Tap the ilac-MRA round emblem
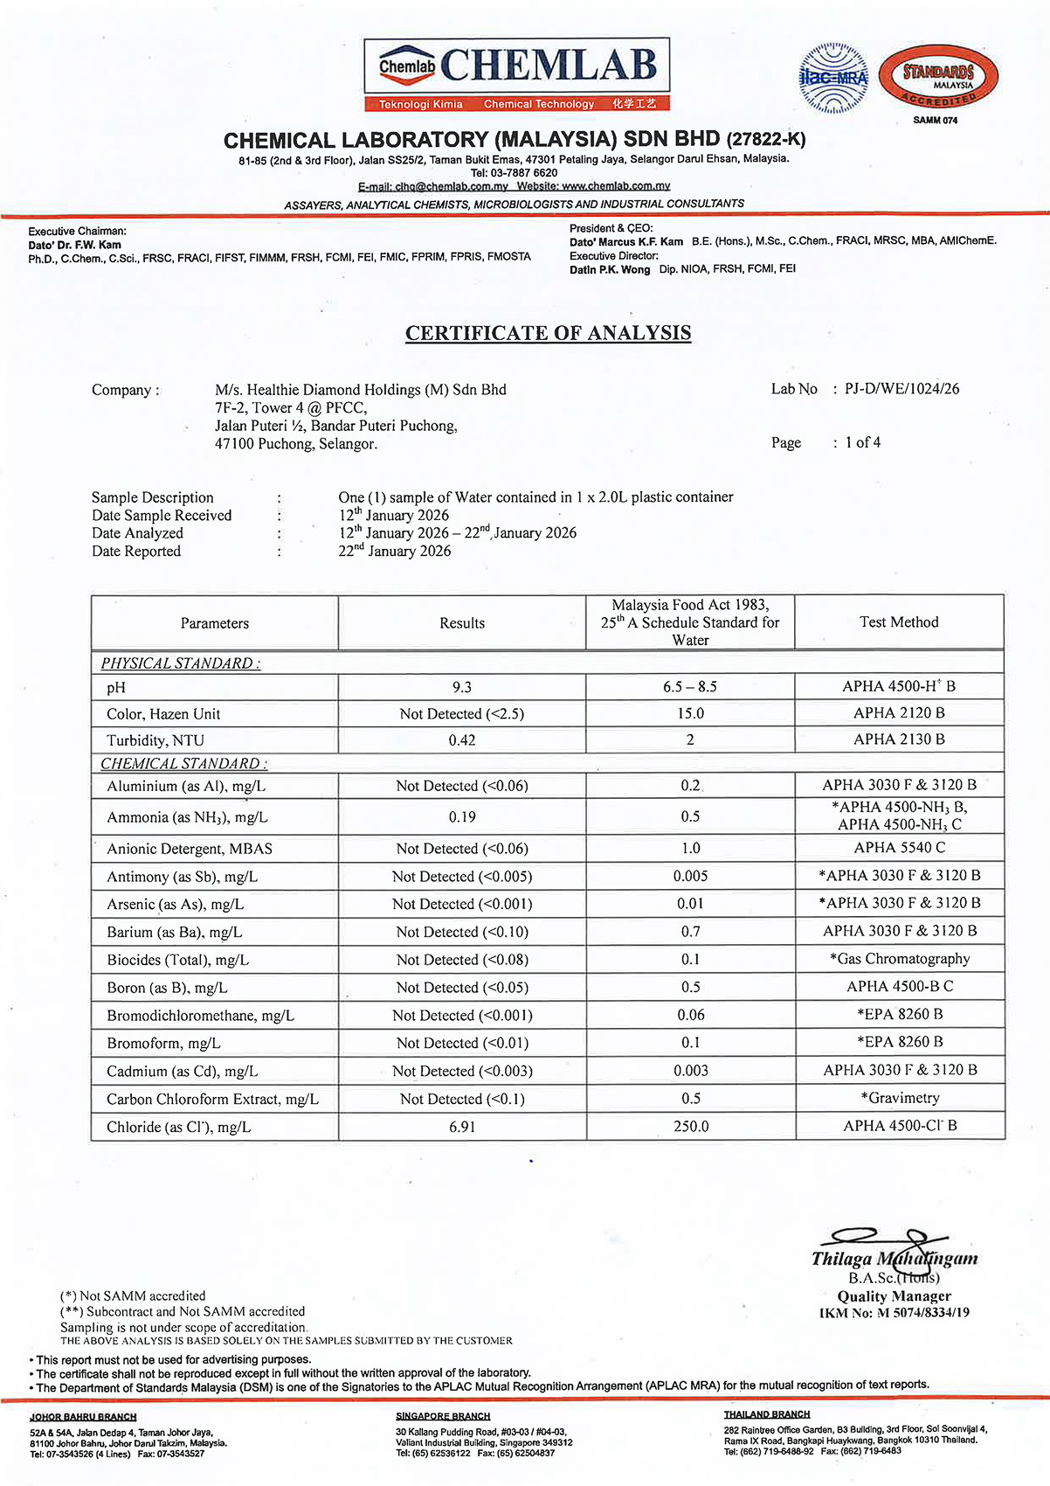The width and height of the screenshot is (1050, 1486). [834, 79]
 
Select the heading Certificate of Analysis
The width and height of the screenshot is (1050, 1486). [548, 333]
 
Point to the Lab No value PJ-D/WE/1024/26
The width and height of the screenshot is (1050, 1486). [901, 389]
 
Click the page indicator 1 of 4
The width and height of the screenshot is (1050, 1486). [862, 442]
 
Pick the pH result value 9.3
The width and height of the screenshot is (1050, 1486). [462, 687]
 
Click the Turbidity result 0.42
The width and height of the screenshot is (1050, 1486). [462, 740]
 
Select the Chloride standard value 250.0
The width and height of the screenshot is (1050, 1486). [691, 1127]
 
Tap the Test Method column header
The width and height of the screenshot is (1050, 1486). [899, 622]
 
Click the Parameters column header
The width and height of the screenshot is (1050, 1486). [215, 623]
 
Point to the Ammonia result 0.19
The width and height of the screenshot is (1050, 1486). [462, 817]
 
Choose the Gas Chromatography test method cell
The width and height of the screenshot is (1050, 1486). [900, 959]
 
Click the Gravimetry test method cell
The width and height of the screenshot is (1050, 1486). [900, 1098]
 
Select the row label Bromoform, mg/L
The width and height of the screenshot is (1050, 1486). [163, 1044]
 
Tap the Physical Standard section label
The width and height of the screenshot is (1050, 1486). [180, 663]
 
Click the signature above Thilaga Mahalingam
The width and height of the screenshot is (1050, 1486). [882, 1239]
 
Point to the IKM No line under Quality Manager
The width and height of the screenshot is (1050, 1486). [894, 1313]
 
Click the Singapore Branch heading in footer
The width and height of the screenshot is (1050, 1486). [443, 1416]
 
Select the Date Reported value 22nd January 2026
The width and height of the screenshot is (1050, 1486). [395, 551]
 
